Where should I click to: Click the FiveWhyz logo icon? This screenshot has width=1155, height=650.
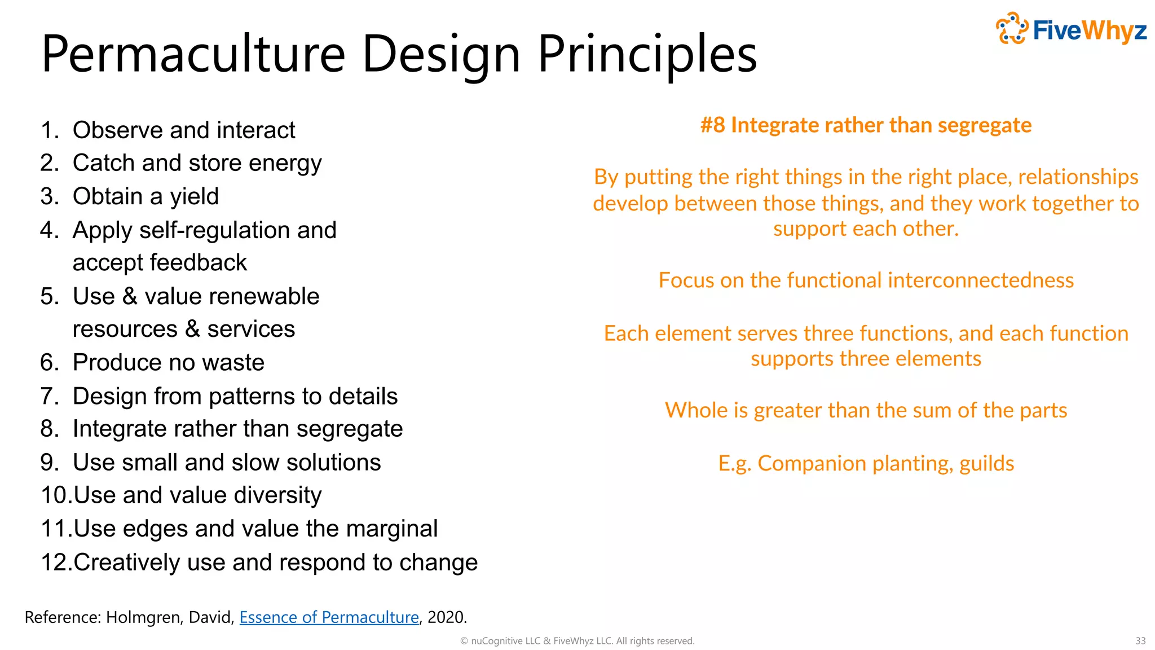1012,28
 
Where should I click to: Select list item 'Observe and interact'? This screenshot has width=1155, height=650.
184,130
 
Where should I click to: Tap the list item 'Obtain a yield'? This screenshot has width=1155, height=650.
146,196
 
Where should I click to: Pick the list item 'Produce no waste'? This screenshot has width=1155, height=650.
168,362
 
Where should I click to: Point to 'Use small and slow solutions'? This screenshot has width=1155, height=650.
227,462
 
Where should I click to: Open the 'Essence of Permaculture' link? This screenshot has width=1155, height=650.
329,617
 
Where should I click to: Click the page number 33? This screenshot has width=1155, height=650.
1140,641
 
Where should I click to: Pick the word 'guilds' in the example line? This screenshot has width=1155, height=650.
986,463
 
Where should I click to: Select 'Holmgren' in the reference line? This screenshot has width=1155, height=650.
143,617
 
